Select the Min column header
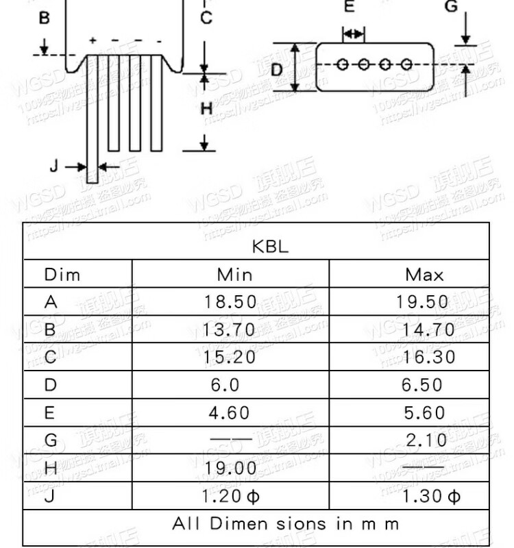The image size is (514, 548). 234,275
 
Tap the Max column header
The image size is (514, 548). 424,275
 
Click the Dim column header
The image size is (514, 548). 62,275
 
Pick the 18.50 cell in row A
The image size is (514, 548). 230,302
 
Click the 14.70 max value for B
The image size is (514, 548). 428,329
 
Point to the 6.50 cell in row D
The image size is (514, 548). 423,385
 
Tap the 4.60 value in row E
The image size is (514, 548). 229,413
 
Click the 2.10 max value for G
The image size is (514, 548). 426,440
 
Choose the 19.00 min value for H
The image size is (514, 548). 230,469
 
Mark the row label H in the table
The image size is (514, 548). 50,469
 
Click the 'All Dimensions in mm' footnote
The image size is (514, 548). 285,524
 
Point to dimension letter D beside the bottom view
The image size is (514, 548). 276,69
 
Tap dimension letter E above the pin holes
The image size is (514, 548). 350,8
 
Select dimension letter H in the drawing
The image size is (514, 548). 206,108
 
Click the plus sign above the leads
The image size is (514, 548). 92,41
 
